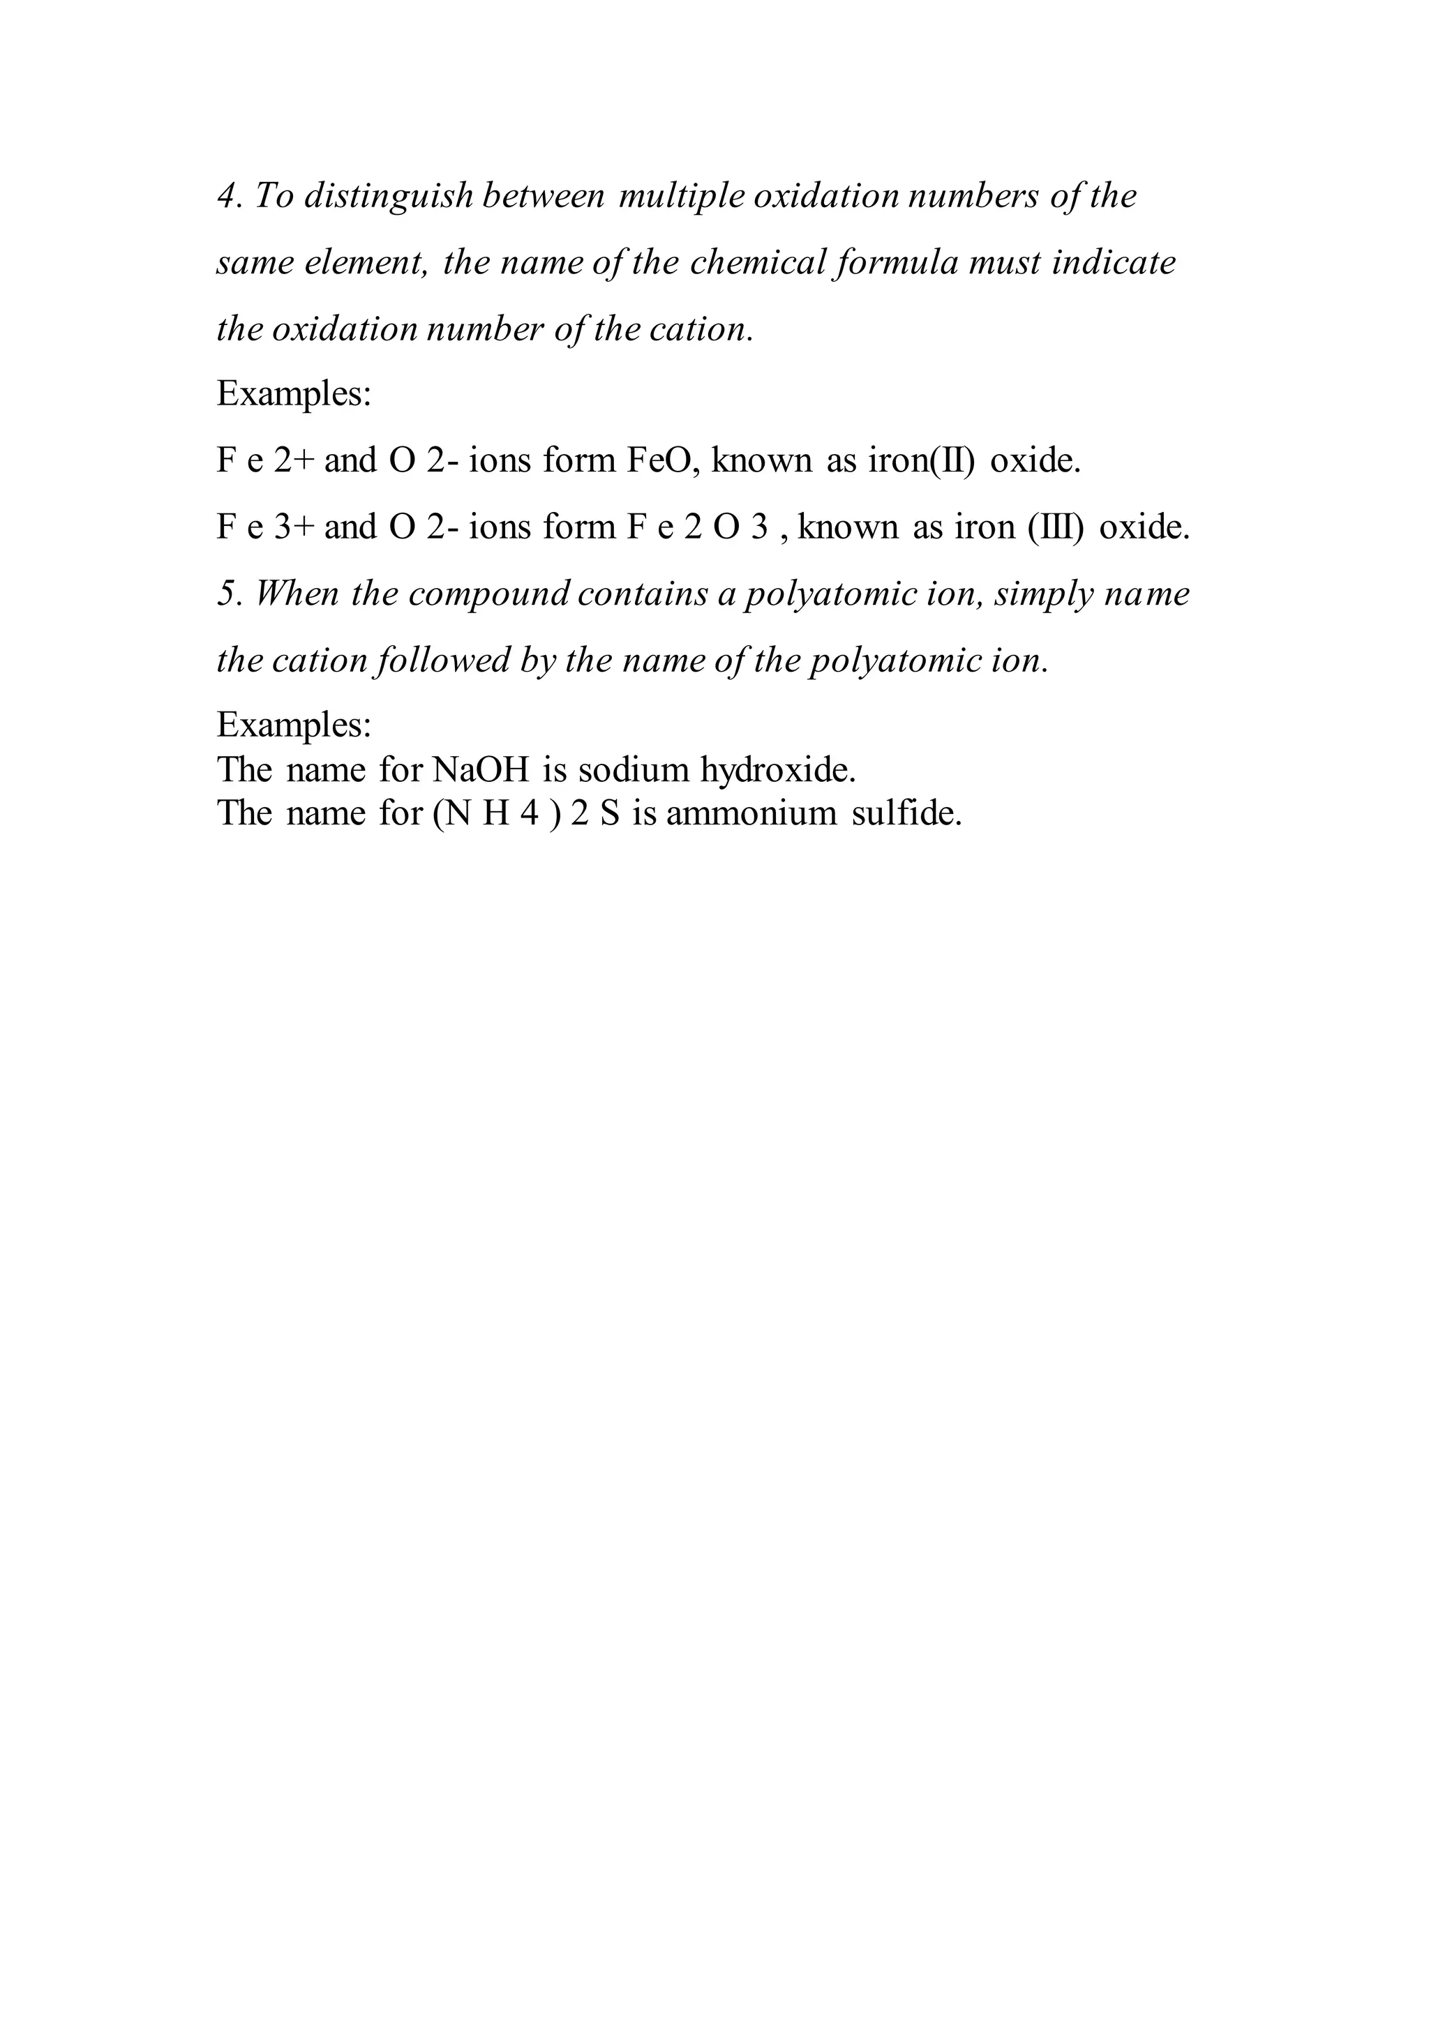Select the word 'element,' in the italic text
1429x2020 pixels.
[x=364, y=263]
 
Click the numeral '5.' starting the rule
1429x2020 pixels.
[x=230, y=594]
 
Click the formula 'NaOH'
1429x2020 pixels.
[x=481, y=770]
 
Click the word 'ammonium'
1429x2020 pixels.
[x=751, y=813]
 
